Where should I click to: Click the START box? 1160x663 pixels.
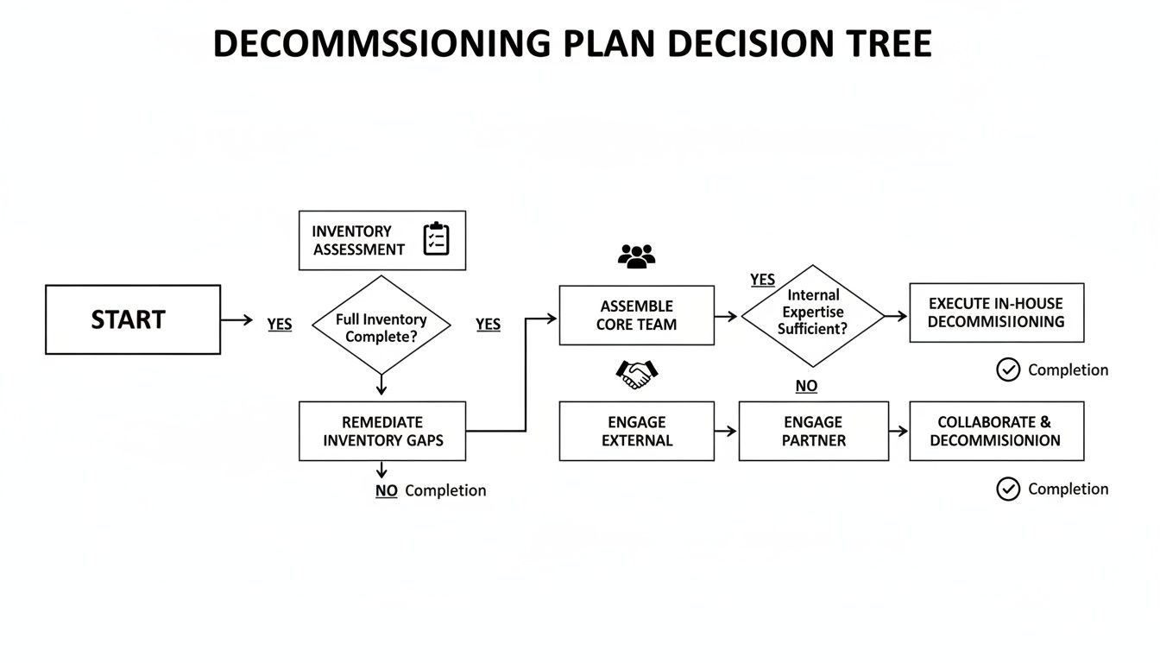pos(133,319)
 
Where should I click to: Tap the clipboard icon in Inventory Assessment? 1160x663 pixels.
pos(437,239)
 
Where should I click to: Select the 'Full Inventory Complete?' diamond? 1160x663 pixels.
pos(381,327)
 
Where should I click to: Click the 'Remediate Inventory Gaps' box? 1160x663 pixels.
pos(382,431)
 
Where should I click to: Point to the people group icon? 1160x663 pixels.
pos(637,256)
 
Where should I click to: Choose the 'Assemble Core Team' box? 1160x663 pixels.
pos(637,315)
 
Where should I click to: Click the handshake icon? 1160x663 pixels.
pos(637,373)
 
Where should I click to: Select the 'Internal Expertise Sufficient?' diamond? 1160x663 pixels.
pos(813,315)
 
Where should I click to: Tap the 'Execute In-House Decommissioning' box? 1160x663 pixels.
pos(996,313)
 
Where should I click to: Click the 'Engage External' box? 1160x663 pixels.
pos(637,431)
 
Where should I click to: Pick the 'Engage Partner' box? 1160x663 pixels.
pos(813,431)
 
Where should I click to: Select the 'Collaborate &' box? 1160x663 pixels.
pos(996,431)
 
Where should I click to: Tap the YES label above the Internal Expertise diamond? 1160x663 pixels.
pos(763,280)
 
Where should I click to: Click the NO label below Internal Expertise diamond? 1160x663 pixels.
pos(806,386)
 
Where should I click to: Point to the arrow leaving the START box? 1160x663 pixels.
pos(236,319)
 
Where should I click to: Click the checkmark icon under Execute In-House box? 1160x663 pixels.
pos(1008,369)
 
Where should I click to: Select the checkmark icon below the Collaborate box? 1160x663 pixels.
pos(1008,489)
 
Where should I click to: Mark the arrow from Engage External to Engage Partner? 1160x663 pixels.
pos(726,431)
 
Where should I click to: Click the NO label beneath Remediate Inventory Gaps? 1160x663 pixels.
pos(387,490)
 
